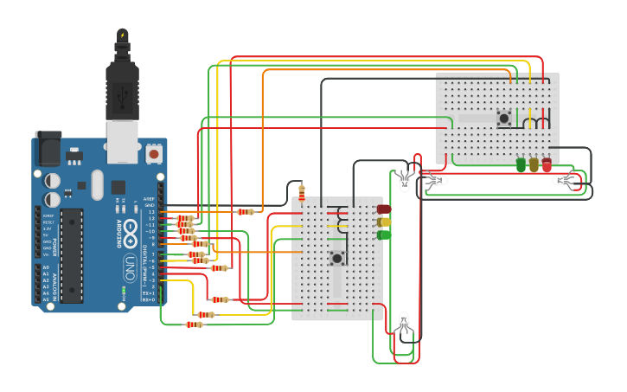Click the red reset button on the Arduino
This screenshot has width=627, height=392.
[154, 154]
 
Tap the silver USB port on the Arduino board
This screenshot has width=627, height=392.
[122, 141]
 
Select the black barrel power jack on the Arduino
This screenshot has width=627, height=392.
[48, 149]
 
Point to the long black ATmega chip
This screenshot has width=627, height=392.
[72, 254]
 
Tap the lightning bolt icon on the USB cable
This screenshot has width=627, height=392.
[122, 35]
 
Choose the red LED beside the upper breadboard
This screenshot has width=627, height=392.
[547, 164]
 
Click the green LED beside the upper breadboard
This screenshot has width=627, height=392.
[521, 164]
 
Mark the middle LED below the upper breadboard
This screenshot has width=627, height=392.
[534, 164]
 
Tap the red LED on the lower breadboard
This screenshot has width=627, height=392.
[384, 209]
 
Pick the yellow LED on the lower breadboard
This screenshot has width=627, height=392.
[384, 222]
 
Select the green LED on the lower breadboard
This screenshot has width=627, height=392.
[384, 235]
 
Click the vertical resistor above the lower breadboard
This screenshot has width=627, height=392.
[302, 192]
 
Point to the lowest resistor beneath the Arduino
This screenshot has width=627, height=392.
[194, 325]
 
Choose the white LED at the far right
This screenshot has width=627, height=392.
[564, 180]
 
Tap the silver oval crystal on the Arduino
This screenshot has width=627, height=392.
[96, 184]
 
